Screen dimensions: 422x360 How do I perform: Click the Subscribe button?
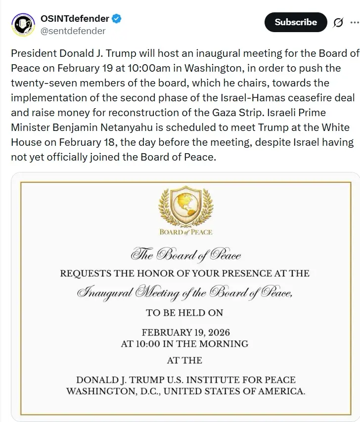click(x=296, y=22)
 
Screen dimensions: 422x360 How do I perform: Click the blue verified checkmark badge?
click(x=117, y=19)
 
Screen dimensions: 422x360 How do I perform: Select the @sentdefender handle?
click(x=73, y=31)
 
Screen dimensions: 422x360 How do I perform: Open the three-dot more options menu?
click(x=355, y=22)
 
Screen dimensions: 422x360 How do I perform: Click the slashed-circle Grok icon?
click(x=339, y=23)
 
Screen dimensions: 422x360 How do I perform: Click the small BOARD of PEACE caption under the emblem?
click(x=185, y=232)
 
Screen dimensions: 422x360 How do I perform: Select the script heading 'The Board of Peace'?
click(x=186, y=255)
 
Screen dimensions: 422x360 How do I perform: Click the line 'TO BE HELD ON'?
click(x=185, y=312)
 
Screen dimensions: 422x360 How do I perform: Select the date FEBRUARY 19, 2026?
click(x=185, y=333)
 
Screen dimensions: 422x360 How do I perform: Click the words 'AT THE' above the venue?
click(x=185, y=360)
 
